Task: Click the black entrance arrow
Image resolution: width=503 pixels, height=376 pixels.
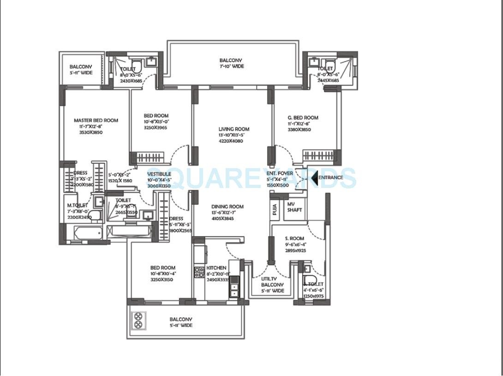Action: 314,177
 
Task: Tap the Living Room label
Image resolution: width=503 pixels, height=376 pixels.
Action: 234,129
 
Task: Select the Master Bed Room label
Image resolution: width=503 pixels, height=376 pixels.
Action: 96,121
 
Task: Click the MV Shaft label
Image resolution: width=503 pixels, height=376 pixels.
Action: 294,207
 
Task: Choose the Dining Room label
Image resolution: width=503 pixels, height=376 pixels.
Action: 228,207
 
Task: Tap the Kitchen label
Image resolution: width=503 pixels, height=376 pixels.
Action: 216,268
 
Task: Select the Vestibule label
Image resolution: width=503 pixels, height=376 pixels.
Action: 159,174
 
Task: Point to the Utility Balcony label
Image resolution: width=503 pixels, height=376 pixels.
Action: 272,285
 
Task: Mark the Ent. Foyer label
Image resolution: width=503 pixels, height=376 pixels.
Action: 280,173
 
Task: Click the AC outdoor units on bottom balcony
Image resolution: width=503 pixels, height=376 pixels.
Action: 138,321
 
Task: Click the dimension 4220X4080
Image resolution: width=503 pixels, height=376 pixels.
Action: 234,141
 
